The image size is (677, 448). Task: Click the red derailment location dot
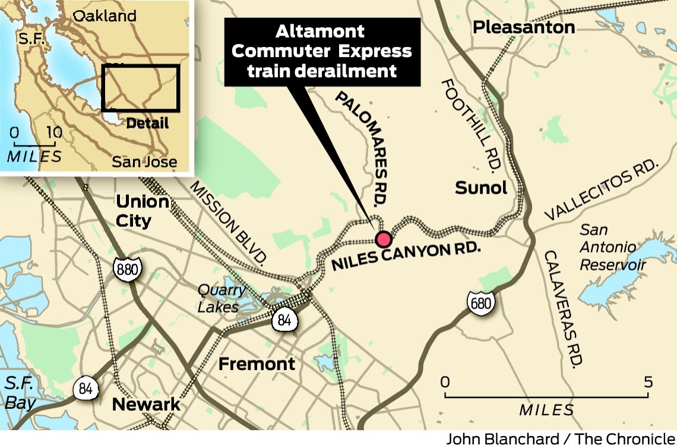[384, 239]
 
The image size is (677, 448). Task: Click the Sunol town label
[481, 188]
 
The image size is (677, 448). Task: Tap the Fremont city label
[257, 364]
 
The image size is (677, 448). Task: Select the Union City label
[143, 211]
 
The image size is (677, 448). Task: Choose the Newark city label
[146, 405]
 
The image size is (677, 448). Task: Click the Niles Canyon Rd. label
[406, 255]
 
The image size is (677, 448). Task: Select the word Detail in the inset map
[148, 123]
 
